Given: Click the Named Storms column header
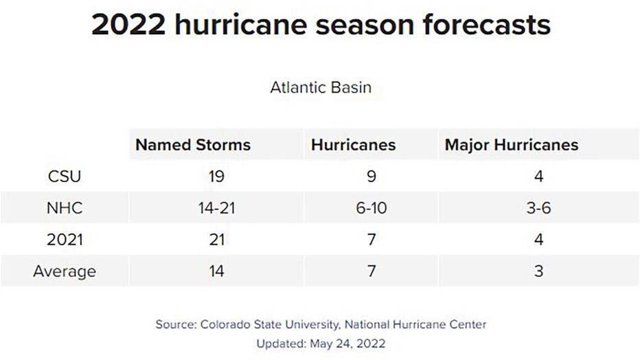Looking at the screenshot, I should click(192, 145).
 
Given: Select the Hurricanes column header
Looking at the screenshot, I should click(353, 145).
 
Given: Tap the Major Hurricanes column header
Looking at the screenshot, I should click(512, 145).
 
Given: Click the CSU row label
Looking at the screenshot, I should click(65, 177).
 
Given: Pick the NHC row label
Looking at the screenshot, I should click(65, 208).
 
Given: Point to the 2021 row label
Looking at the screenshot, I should click(65, 240).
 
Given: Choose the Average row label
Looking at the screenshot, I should click(65, 271).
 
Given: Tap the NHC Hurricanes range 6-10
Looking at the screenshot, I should click(372, 208).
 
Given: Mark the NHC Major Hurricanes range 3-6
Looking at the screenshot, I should click(539, 208).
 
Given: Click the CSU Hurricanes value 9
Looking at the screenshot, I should click(372, 177).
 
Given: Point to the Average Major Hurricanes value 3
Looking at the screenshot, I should click(539, 271).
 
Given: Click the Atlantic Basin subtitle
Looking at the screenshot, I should click(320, 88).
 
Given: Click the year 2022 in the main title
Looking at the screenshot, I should click(128, 25).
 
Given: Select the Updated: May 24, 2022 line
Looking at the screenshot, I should click(320, 342).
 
